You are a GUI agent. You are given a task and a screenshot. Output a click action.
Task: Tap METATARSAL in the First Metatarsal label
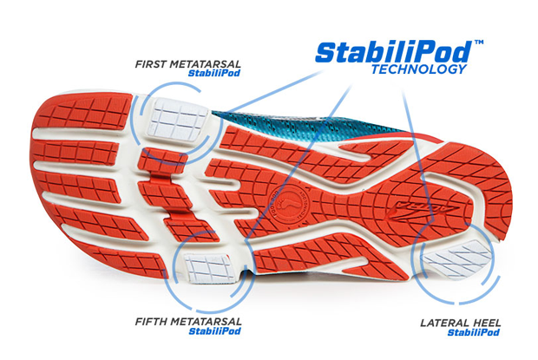(x=210, y=63)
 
